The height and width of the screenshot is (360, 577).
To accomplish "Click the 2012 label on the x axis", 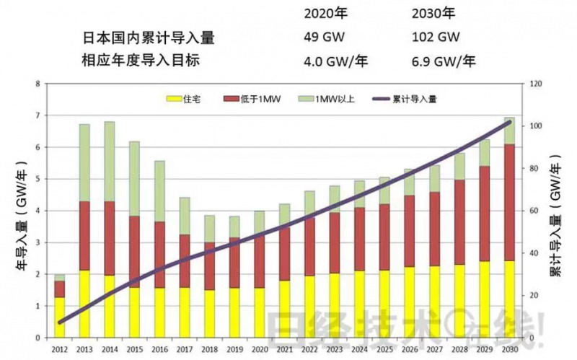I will (x=60, y=350).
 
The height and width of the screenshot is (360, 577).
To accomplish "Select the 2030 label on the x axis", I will (x=509, y=350).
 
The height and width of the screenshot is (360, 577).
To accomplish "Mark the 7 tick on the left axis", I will (x=37, y=116).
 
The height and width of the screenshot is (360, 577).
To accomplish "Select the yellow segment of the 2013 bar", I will (x=84, y=303).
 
